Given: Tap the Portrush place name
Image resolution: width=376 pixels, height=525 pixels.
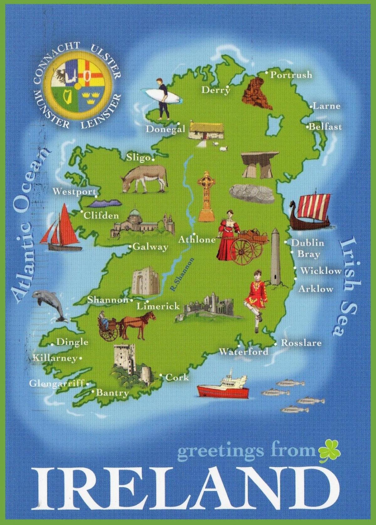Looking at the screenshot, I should pos(291,75).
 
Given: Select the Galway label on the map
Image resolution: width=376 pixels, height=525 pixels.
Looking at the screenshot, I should pos(150,247).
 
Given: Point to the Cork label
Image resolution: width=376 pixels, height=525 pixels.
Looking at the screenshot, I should pos(177,377).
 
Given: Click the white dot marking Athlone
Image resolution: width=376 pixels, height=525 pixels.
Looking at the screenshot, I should pos(194,234).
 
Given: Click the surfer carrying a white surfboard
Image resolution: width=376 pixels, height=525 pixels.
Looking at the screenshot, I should pos(163,97).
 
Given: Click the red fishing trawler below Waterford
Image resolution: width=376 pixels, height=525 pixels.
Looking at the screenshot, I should pos(223,388).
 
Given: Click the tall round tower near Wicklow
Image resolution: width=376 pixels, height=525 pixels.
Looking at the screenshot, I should pos(275,257).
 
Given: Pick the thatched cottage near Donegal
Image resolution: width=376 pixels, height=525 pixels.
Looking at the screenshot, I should pos(204,130).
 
